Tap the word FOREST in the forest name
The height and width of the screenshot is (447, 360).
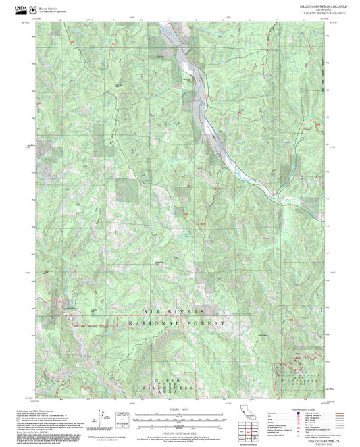point(202,325)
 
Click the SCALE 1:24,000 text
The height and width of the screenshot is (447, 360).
point(180,409)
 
